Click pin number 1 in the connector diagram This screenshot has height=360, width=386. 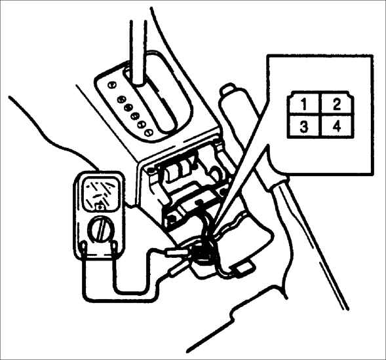click(304, 105)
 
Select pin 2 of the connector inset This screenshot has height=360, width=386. click(336, 104)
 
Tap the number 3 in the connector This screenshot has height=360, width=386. click(304, 127)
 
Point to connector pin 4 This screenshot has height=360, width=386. click(337, 126)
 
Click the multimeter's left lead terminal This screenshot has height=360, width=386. click(84, 247)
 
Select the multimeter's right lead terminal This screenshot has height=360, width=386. click(114, 246)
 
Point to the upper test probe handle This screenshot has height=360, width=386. click(177, 252)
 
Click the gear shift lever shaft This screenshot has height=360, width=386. click(139, 52)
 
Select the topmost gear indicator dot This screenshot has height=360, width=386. click(112, 85)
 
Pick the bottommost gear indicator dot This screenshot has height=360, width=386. click(149, 133)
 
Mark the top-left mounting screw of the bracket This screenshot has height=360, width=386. click(150, 170)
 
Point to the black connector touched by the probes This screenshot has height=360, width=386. click(203, 253)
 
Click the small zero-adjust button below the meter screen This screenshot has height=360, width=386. click(100, 207)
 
